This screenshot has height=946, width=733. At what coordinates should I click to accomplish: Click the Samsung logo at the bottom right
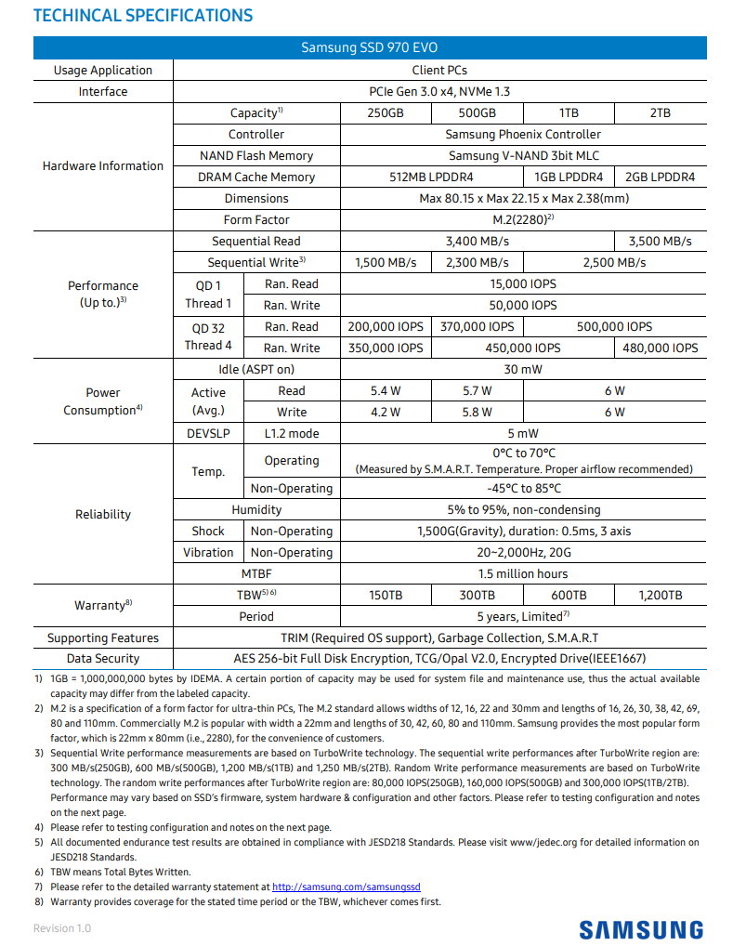(641, 929)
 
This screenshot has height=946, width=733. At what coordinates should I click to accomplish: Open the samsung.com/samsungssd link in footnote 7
(346, 887)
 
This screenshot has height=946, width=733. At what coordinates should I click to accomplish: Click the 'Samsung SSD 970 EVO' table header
(370, 48)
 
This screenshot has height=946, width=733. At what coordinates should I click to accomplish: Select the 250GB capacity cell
(386, 112)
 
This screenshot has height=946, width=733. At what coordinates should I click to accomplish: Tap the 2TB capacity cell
(660, 112)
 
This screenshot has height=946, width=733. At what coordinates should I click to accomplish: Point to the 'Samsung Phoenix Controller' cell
(524, 134)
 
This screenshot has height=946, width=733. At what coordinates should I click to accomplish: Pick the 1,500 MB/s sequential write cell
(386, 263)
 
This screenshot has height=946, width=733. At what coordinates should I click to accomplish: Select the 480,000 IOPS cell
(660, 348)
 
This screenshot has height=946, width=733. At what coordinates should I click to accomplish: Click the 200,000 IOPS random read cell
(386, 327)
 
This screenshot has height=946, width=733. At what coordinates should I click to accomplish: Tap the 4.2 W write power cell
(386, 412)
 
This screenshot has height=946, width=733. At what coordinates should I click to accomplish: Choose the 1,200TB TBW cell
(660, 595)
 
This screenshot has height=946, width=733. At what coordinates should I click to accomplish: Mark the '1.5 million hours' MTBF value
(524, 573)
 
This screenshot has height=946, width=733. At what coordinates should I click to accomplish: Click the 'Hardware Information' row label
(102, 166)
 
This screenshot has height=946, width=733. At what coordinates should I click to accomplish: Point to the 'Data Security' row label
(102, 659)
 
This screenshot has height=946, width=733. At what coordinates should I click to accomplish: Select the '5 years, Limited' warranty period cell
(524, 616)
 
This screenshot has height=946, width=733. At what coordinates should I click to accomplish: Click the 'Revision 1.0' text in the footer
(62, 928)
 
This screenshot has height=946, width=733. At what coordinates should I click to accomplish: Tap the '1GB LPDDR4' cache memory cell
(569, 177)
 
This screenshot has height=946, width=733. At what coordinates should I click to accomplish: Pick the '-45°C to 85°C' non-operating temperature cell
(524, 488)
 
